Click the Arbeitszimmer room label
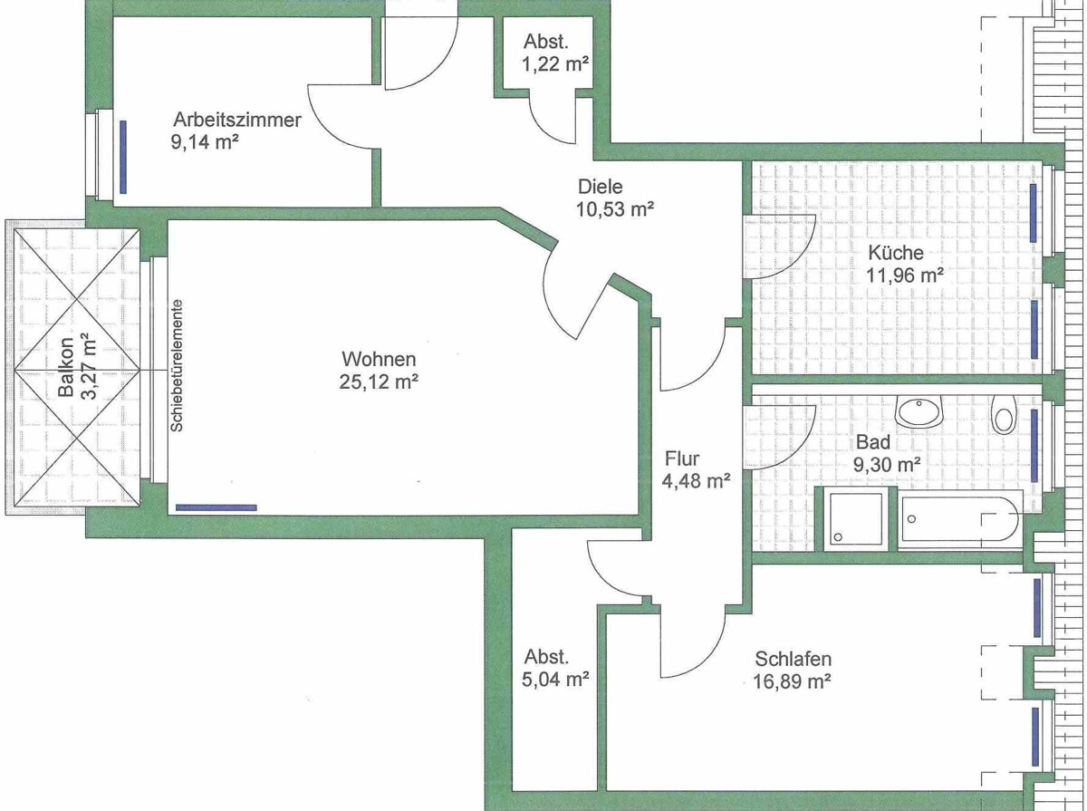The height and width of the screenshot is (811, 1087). pos(237,121)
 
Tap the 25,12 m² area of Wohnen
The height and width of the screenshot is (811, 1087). pos(379,381)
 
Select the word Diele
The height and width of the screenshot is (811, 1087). pos(601,187)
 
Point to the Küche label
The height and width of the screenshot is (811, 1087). pos(895,253)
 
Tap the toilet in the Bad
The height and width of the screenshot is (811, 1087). pos(1004,415)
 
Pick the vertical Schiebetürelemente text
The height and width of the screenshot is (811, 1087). pos(177,365)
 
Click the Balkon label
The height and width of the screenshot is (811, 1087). pos(66,367)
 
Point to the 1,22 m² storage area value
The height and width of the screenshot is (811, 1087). pos(555,64)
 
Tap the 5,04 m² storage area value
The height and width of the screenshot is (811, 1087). pos(555,680)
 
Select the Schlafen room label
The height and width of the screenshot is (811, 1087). pos(793,659)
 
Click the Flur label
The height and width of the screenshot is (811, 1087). pos(682,459)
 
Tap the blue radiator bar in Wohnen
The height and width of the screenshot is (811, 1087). pos(216,507)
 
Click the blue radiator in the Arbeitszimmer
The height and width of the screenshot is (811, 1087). pos(123,157)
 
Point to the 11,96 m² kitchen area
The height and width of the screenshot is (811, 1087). pos(904,275)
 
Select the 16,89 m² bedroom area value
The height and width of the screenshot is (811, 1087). pos(792,681)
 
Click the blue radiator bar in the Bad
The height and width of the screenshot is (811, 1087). pos(1034,446)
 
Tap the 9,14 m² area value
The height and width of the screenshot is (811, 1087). pos(205,142)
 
